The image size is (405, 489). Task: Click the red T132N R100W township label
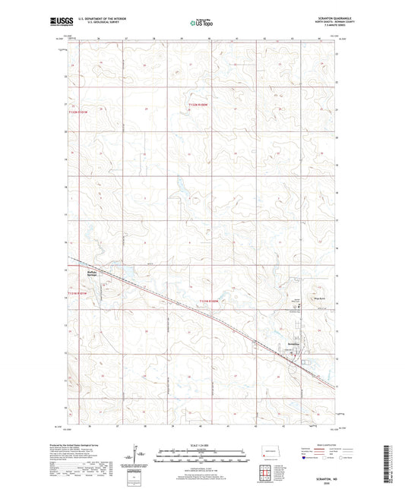[201, 105]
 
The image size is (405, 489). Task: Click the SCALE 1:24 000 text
[201, 444]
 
